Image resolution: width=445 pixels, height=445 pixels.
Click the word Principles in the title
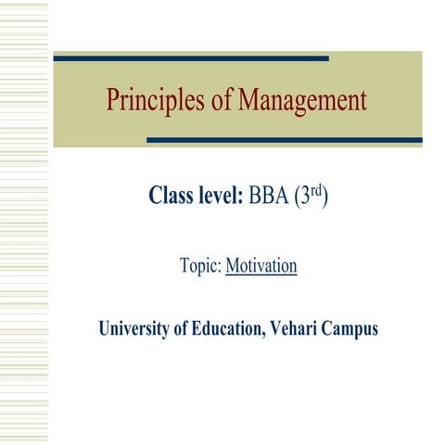point(153,99)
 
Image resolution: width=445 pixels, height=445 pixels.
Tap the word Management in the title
point(303,99)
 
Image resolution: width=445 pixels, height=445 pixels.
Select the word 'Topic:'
point(200,267)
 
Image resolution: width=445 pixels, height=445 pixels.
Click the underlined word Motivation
point(261,267)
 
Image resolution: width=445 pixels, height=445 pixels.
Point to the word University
point(139,329)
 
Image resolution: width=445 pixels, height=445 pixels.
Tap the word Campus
point(351,329)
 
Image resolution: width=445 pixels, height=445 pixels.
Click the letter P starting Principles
point(113,99)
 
